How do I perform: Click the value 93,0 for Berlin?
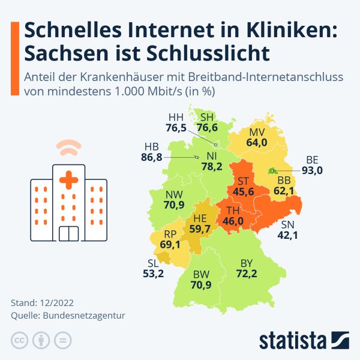312,170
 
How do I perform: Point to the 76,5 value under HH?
176,127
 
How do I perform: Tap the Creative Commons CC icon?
20,340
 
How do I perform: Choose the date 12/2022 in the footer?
57,302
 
